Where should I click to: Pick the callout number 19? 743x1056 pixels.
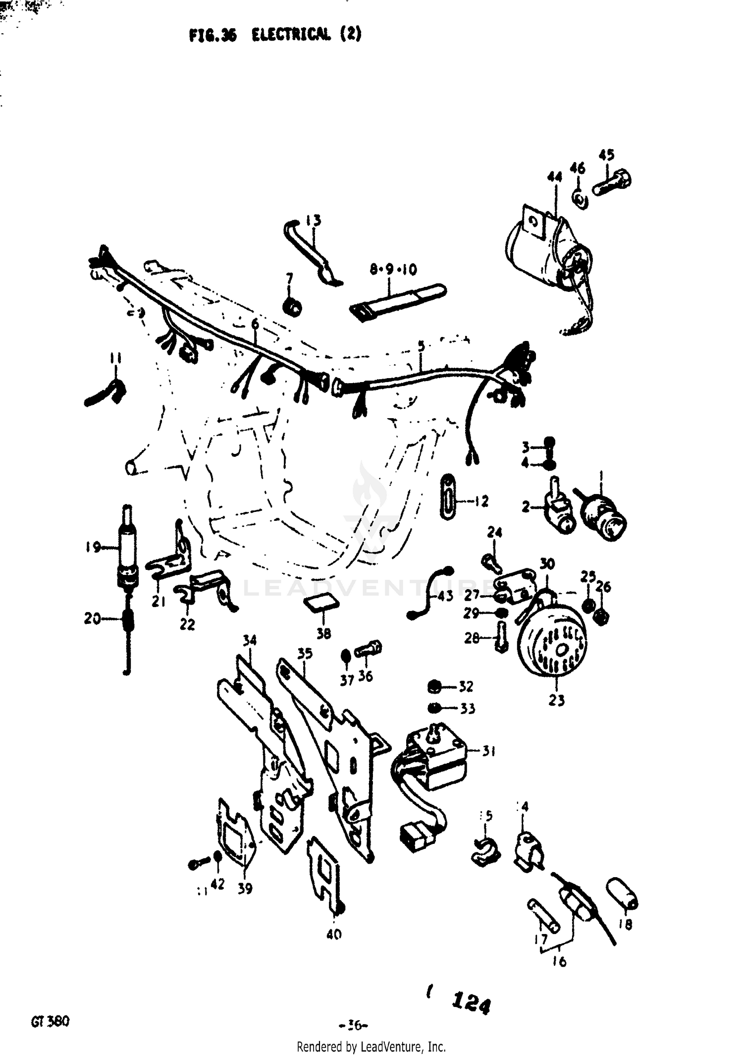(93, 547)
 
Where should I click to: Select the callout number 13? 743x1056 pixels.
(313, 220)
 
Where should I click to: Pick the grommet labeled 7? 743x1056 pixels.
(292, 307)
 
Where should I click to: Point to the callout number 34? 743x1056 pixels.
(250, 640)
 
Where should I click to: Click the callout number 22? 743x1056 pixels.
(187, 624)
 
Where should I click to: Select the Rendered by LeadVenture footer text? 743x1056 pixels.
(371, 1047)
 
